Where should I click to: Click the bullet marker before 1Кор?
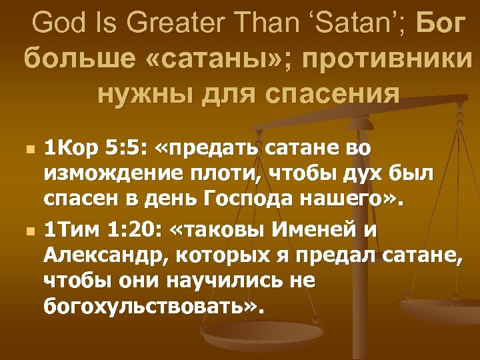[x=27, y=147]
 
